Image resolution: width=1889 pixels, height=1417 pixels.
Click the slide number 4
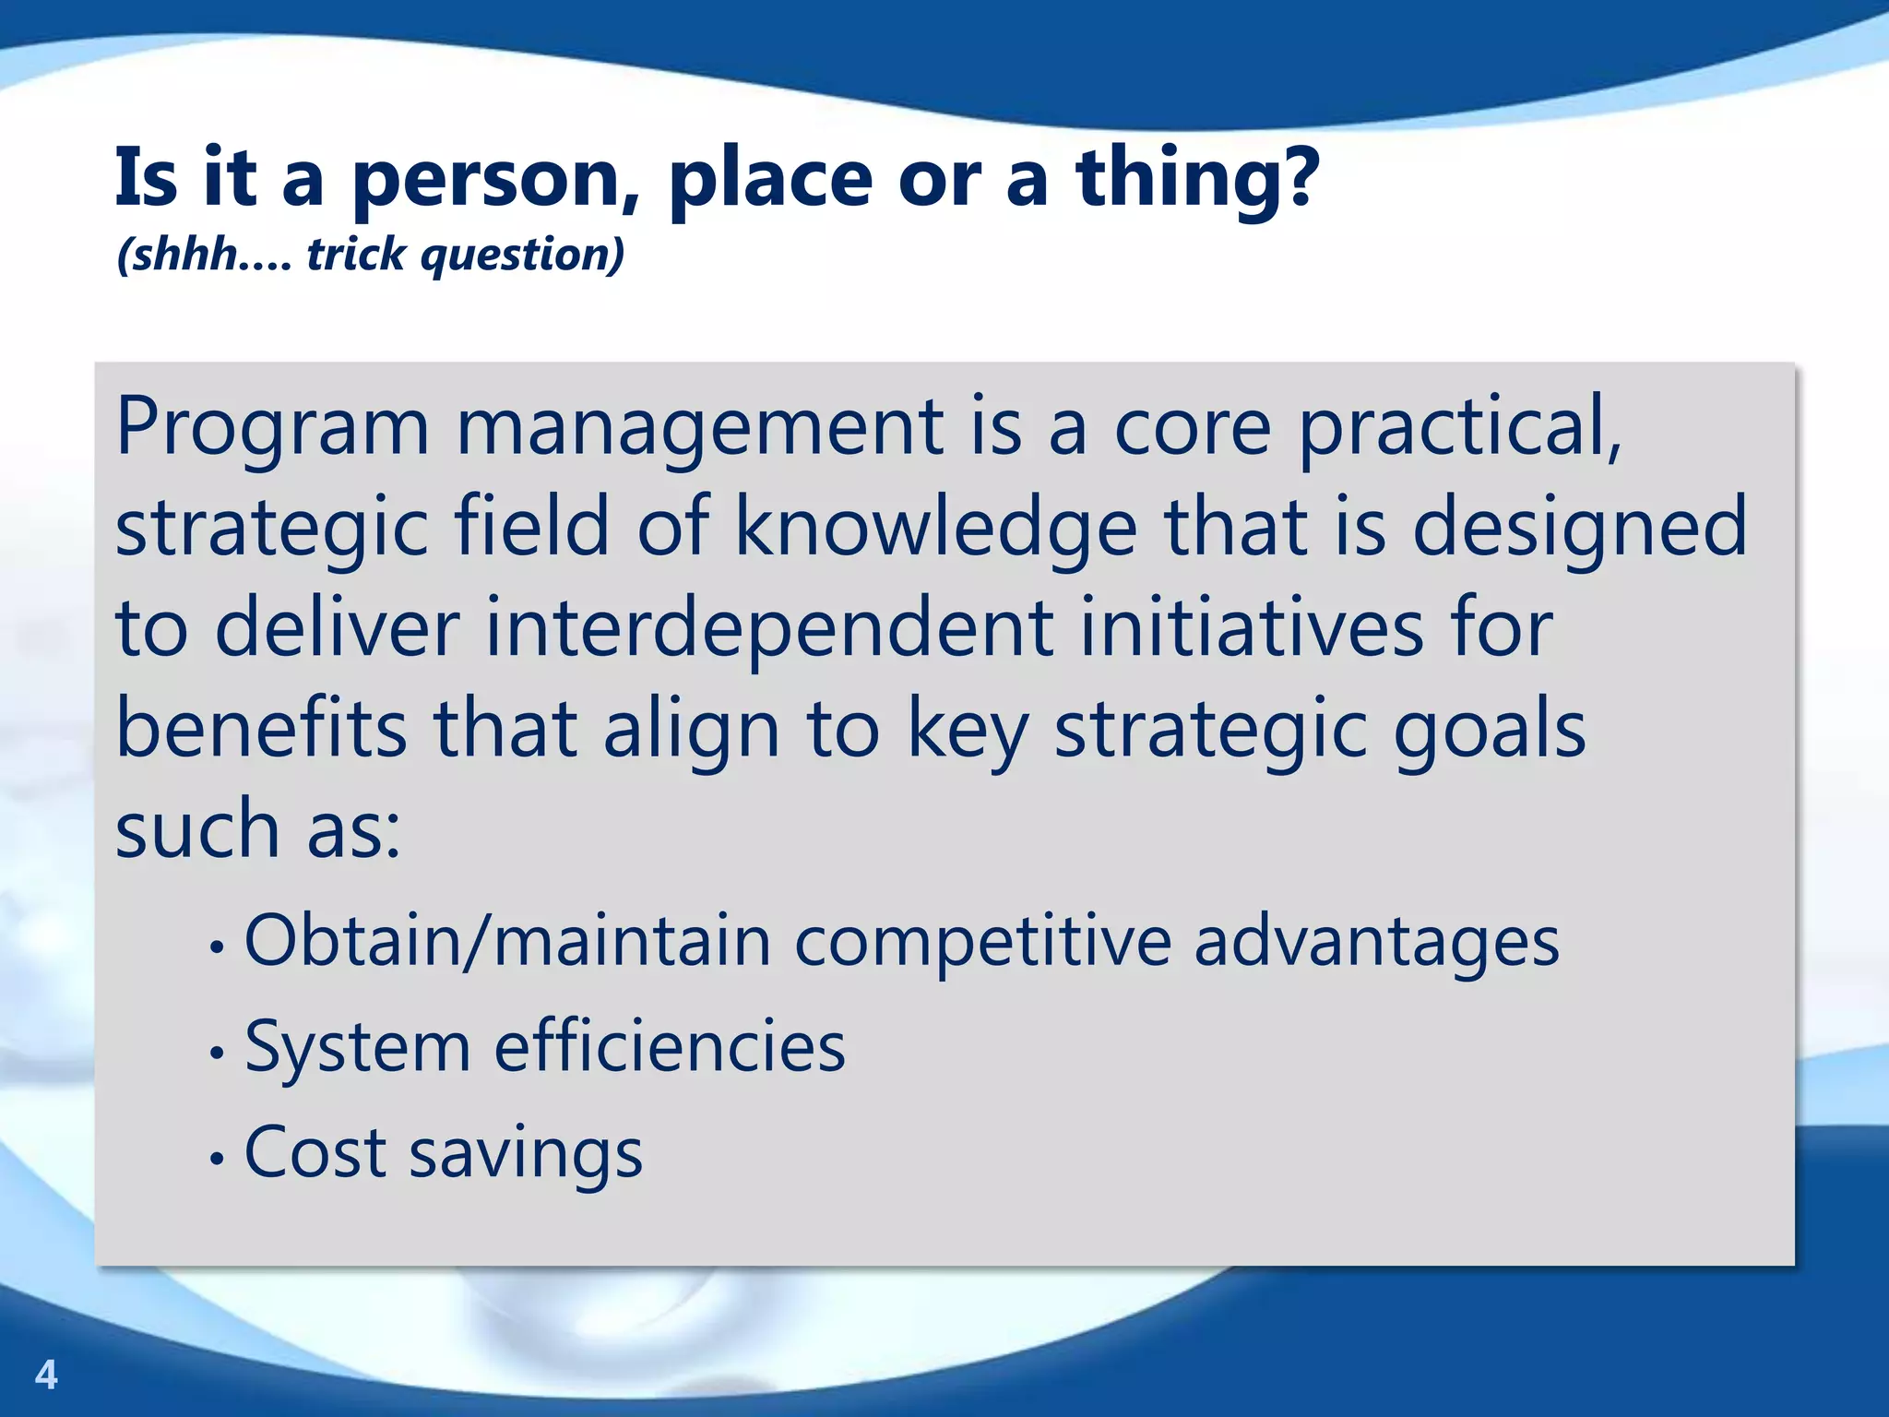[46, 1375]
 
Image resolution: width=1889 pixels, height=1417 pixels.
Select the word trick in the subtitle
[355, 254]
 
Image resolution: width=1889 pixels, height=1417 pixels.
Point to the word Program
[272, 429]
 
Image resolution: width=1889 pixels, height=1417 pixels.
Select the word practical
[1459, 429]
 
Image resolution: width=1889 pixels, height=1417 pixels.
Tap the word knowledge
[935, 530]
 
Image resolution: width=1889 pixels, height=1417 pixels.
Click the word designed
[1579, 530]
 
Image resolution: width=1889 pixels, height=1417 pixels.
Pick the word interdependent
[768, 629]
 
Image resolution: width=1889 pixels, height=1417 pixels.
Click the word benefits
[261, 729]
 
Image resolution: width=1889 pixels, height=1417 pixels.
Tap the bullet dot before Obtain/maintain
[217, 947]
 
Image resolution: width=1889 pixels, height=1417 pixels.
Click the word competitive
[982, 943]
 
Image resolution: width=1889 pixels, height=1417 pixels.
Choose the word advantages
[1376, 943]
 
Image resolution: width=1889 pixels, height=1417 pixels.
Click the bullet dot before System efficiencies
[217, 1052]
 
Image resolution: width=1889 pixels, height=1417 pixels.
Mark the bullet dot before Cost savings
[217, 1159]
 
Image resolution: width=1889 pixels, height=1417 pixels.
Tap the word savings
[526, 1155]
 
